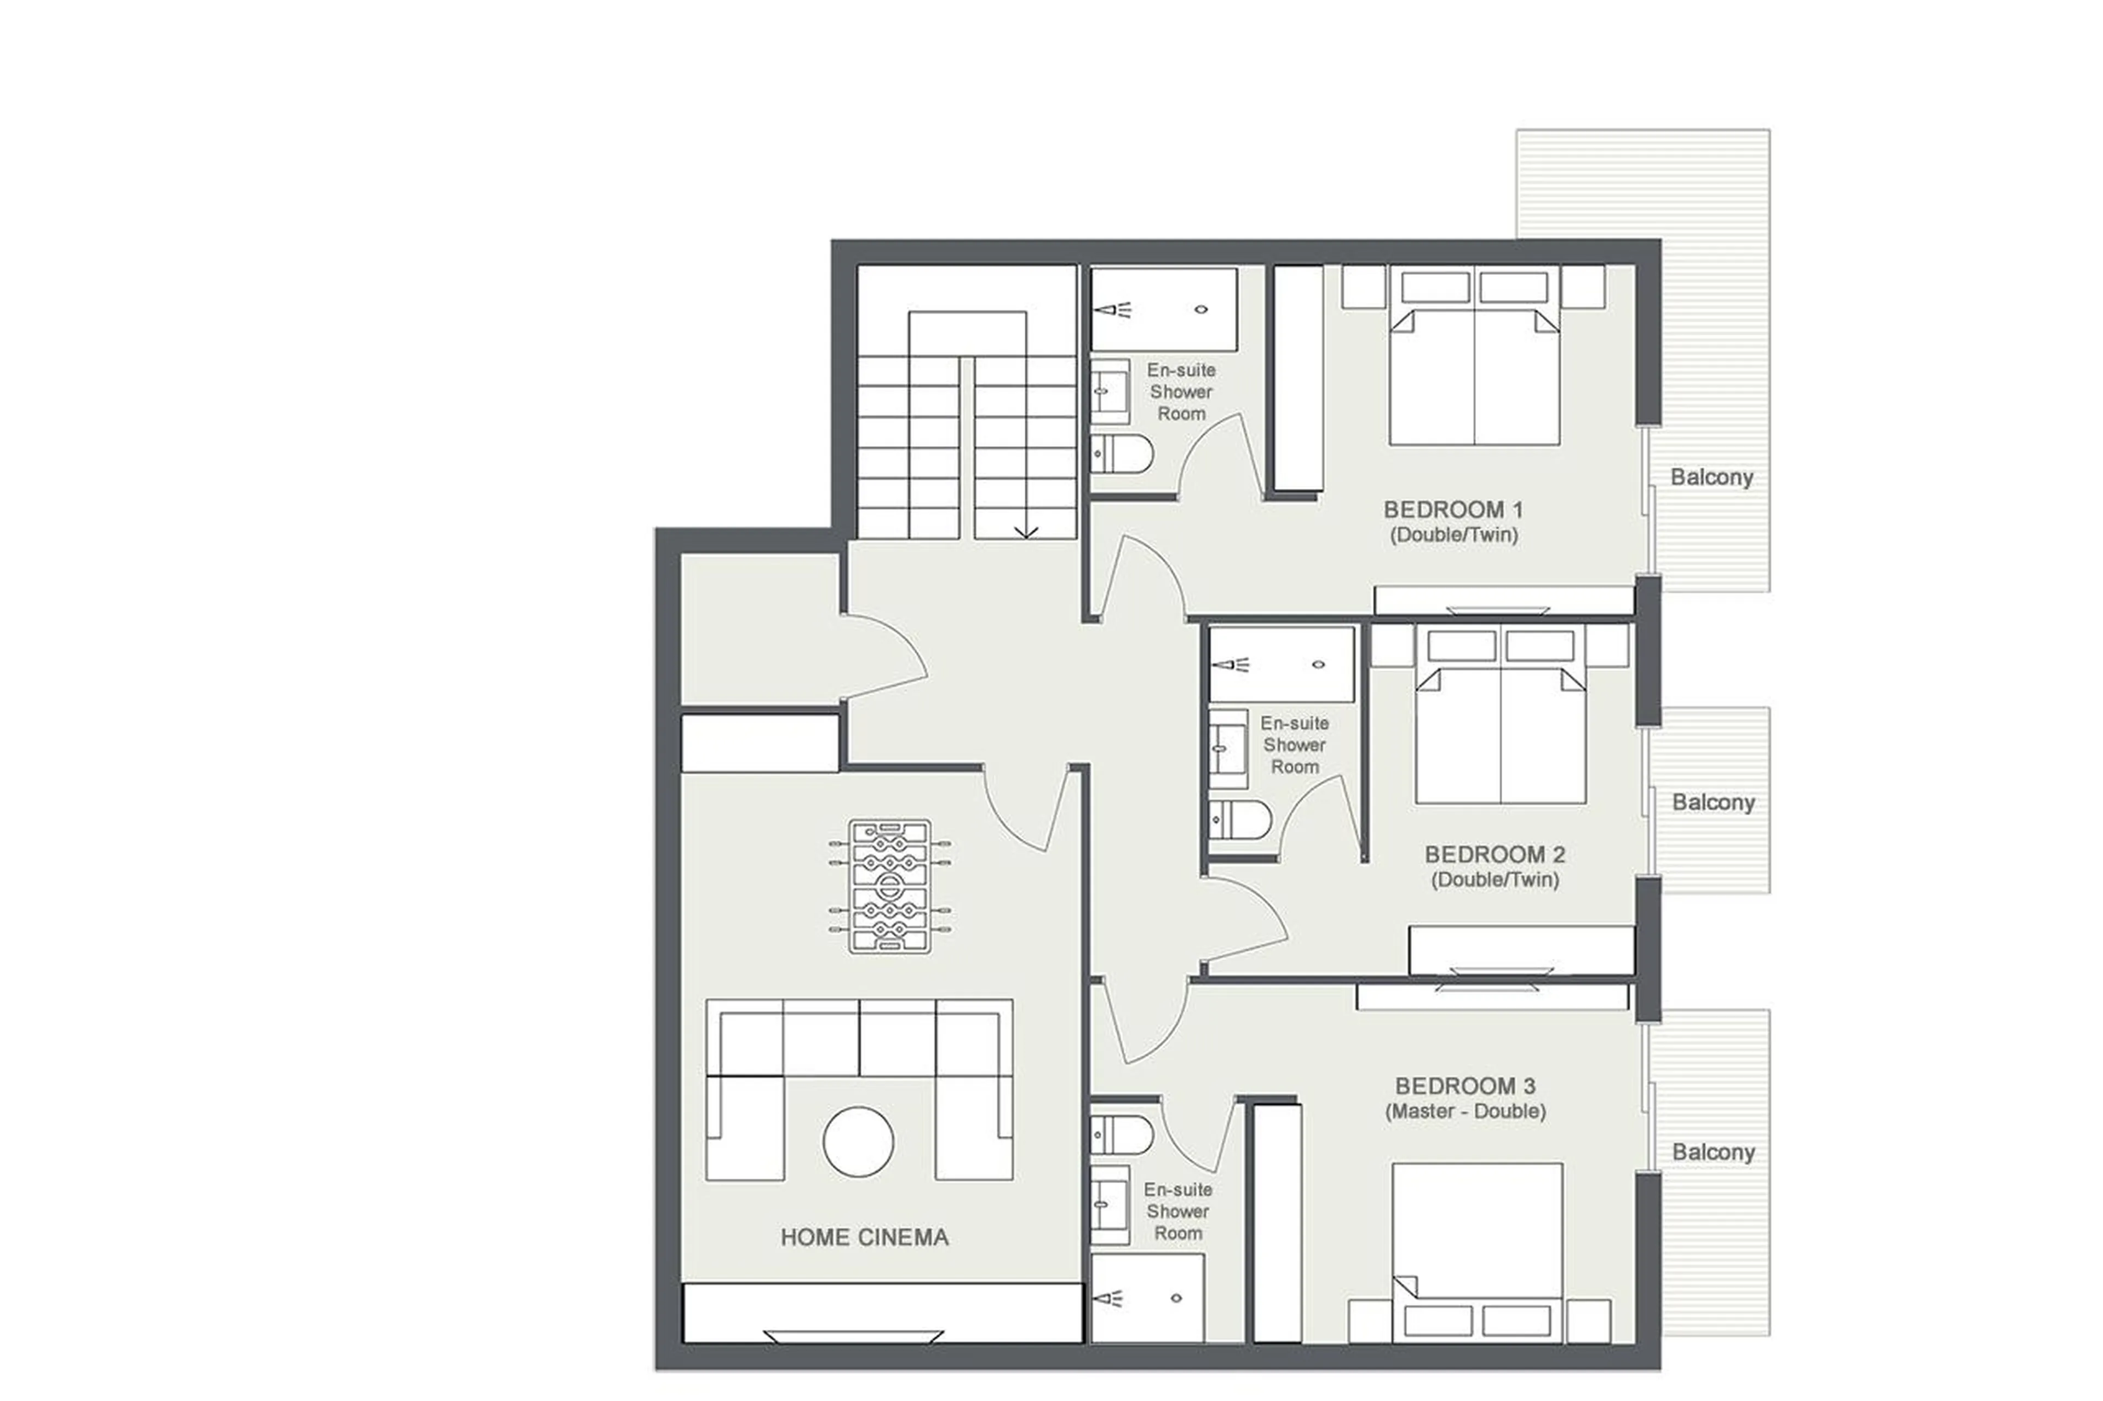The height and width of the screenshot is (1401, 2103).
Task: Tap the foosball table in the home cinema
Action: (x=889, y=886)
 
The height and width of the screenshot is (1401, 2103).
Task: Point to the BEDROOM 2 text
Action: (x=1495, y=854)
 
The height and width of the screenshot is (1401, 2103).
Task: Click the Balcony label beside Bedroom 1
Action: (x=1711, y=477)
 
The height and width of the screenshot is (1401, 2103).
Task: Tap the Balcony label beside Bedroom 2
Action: (x=1713, y=803)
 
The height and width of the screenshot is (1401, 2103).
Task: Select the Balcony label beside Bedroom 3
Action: (x=1713, y=1152)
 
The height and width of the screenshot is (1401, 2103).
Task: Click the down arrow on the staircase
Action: (x=1025, y=530)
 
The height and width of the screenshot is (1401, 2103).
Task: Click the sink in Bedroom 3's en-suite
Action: (x=1109, y=1203)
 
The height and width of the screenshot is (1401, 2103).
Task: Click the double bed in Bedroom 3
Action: (x=1476, y=1251)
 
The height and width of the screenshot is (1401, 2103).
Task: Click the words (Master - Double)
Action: (x=1465, y=1111)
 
